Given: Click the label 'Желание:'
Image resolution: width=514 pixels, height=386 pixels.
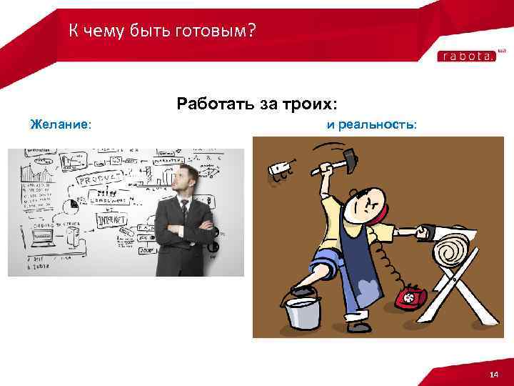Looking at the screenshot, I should click(x=61, y=124).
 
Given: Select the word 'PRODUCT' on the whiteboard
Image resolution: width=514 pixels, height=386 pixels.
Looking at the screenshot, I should click(x=101, y=179).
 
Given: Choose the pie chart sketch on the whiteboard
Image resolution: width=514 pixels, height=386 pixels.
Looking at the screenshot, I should click(x=71, y=206).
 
